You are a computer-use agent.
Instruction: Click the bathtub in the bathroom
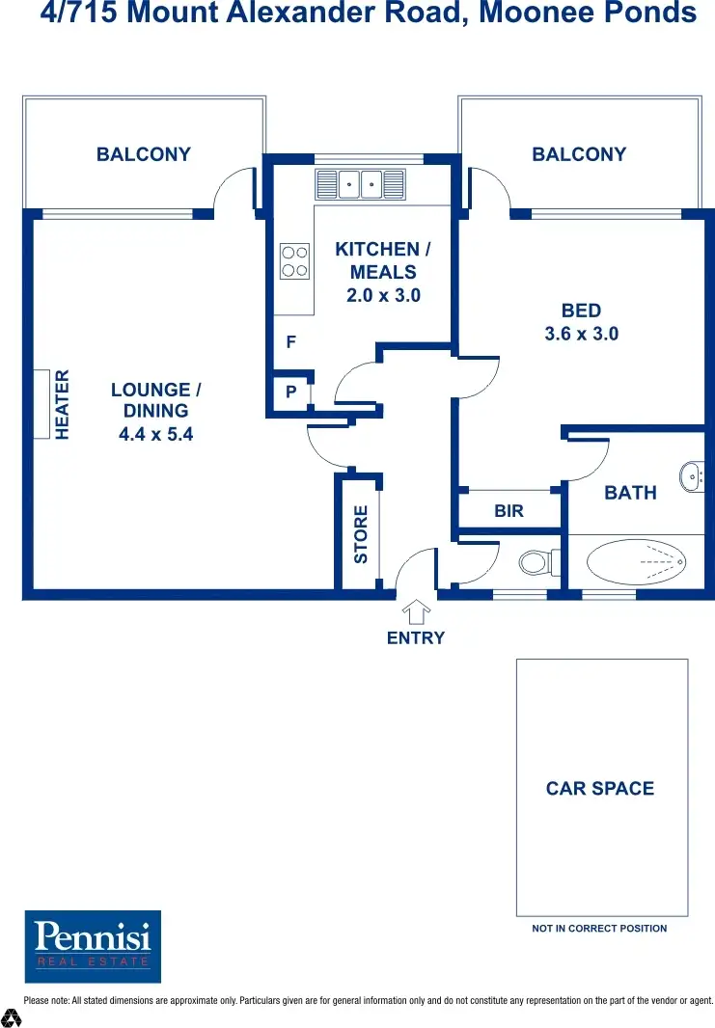point(636,560)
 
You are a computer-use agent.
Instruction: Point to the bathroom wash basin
point(691,476)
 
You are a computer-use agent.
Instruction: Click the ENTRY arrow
point(416,612)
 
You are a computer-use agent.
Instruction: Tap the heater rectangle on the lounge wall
point(42,404)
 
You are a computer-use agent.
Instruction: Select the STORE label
point(361,535)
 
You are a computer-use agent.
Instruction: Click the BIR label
point(509,511)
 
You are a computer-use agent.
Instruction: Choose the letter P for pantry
point(290,392)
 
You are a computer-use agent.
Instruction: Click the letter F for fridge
point(290,342)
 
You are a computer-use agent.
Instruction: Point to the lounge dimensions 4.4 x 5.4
point(155,434)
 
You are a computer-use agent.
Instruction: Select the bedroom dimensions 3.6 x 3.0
point(581,334)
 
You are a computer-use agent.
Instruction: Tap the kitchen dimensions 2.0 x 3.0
point(383,295)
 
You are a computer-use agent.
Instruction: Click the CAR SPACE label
point(599,788)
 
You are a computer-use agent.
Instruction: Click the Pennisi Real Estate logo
point(93,945)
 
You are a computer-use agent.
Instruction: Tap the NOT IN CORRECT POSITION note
point(599,929)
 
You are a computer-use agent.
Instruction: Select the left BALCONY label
point(144,154)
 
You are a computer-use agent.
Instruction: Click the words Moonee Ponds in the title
point(600,14)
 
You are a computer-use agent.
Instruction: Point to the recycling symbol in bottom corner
point(12,1016)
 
